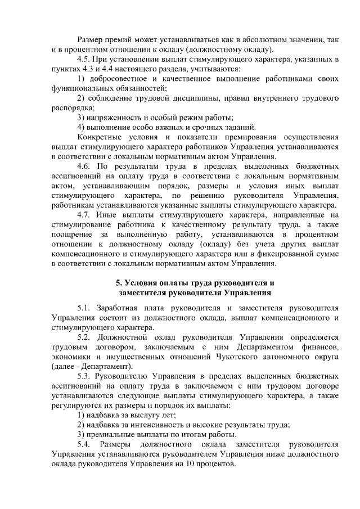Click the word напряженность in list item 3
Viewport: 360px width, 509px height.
coord(115,117)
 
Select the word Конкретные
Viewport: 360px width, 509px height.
coord(102,136)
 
